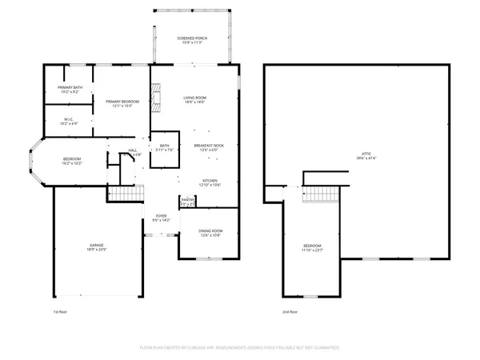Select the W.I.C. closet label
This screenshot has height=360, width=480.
pos(70,122)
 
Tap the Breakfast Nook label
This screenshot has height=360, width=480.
pos(209,146)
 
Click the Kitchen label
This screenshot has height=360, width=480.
pos(210,182)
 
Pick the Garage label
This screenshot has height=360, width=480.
pos(97,246)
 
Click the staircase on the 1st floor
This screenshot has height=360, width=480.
pos(124,196)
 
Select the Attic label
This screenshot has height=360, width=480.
pos(366,155)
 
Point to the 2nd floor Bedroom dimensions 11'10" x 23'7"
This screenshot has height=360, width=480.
pos(312,250)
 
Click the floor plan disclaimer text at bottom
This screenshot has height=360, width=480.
pos(240,348)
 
